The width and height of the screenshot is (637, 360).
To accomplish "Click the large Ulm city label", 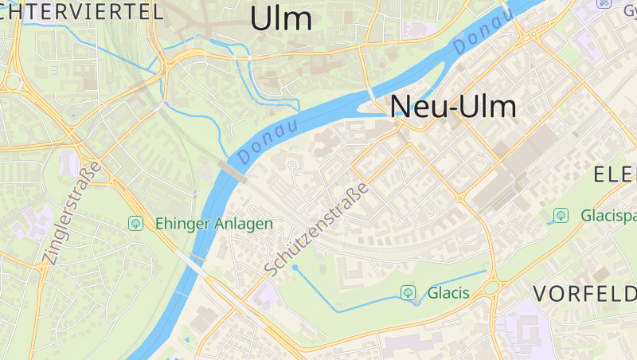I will [x=281, y=18].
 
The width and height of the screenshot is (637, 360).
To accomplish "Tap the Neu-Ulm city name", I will [x=453, y=107].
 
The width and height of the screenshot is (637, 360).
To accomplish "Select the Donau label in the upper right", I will [x=483, y=34].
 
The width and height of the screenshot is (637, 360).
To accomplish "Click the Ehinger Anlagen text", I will [x=214, y=224].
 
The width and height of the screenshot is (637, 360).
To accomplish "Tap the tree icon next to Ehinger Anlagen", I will [x=135, y=224].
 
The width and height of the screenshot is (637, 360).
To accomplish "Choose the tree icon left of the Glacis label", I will [x=408, y=293].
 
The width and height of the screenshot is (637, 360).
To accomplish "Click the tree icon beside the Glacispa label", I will [x=561, y=215].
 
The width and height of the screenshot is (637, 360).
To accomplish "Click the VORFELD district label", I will [x=584, y=293].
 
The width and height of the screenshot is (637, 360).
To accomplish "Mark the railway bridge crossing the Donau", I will [x=230, y=171].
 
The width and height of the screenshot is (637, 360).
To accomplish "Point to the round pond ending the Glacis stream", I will [x=295, y=268].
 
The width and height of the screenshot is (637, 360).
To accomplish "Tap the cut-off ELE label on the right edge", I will [x=616, y=174].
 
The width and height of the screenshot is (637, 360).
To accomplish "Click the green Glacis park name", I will [x=448, y=293].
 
